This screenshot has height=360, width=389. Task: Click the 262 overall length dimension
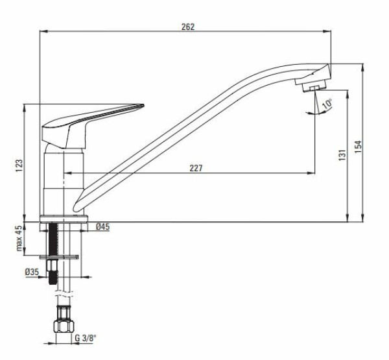click(x=189, y=27)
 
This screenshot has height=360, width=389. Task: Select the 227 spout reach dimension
click(x=196, y=168)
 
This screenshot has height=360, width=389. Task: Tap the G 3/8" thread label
click(x=85, y=338)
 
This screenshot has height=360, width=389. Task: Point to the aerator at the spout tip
click(x=312, y=86)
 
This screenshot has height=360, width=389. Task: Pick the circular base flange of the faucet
click(x=65, y=219)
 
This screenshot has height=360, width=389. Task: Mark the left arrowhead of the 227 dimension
click(x=67, y=173)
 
